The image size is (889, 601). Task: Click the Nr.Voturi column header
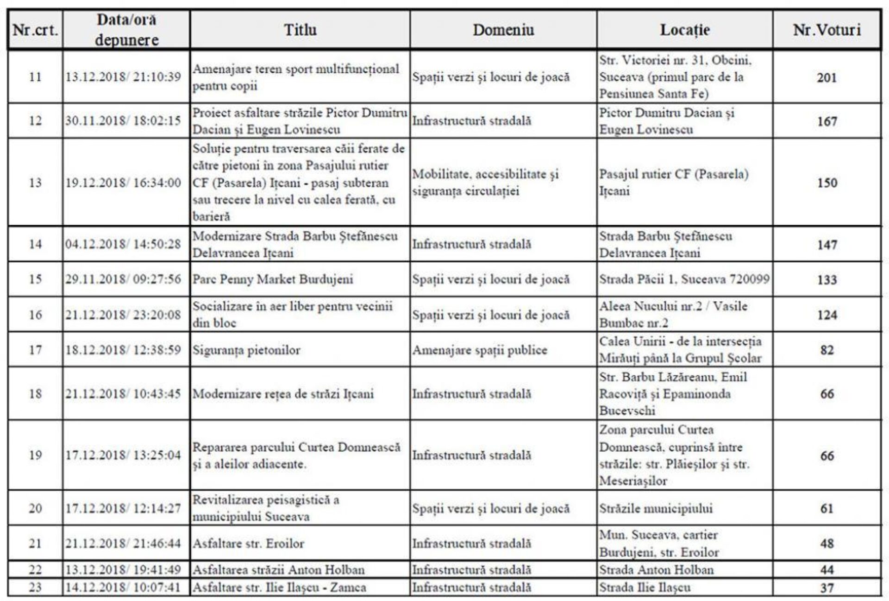click(x=826, y=30)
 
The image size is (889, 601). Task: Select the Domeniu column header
click(x=503, y=30)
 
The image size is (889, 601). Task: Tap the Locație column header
click(x=685, y=30)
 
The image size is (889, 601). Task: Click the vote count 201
click(x=826, y=77)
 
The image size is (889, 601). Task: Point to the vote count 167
click(x=826, y=121)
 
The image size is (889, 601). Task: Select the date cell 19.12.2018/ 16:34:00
click(x=123, y=183)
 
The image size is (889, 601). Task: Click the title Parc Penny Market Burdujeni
click(x=273, y=279)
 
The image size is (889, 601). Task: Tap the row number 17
click(x=35, y=350)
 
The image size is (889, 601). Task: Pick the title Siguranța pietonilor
click(x=246, y=350)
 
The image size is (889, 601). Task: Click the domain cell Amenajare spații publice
click(x=480, y=350)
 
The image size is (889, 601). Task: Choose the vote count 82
click(x=827, y=350)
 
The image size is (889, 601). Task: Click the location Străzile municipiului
click(x=656, y=508)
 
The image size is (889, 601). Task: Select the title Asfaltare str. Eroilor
click(x=248, y=544)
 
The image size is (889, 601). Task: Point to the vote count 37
click(x=827, y=588)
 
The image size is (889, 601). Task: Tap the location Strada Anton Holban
click(x=656, y=570)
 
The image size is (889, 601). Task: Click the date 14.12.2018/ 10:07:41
click(x=123, y=588)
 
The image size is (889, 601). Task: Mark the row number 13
click(x=35, y=183)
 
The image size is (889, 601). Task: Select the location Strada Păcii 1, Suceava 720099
click(x=684, y=279)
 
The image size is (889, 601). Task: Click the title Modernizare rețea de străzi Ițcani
click(x=283, y=394)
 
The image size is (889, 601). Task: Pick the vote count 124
click(x=827, y=315)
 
